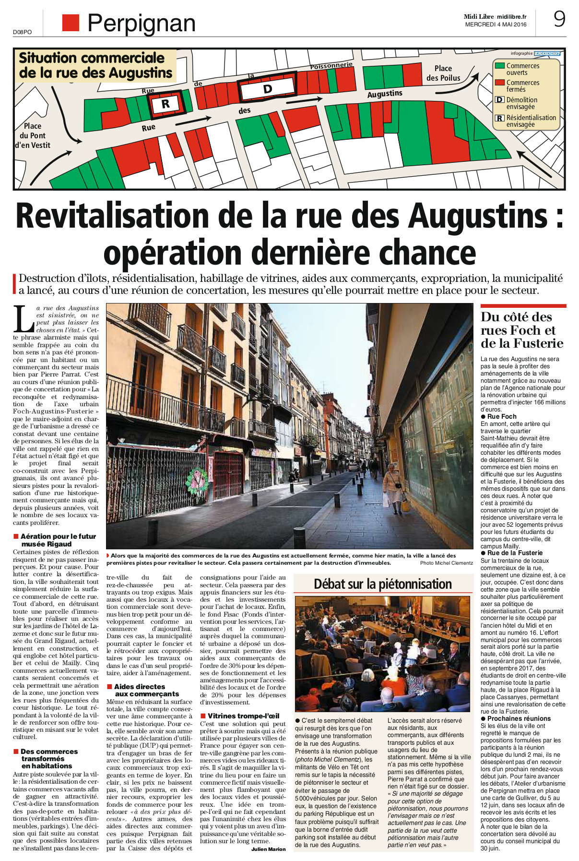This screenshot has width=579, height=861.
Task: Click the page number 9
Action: click(x=559, y=19)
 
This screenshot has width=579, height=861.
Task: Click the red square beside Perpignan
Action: click(x=71, y=23)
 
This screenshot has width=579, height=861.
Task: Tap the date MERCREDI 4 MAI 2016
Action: click(x=496, y=24)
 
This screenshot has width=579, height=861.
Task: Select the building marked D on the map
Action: click(x=267, y=88)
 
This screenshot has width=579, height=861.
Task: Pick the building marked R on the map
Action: click(x=165, y=104)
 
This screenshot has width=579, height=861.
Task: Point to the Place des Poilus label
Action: click(x=443, y=73)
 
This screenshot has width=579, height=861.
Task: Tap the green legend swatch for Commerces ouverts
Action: click(x=499, y=66)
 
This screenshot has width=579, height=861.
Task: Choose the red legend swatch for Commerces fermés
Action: click(x=499, y=83)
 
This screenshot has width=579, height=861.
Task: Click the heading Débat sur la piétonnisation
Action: click(x=382, y=584)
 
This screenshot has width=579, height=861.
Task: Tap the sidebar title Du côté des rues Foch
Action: click(x=516, y=330)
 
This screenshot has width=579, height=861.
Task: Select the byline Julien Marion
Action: click(x=268, y=849)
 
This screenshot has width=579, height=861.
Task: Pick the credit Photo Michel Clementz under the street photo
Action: click(x=446, y=563)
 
